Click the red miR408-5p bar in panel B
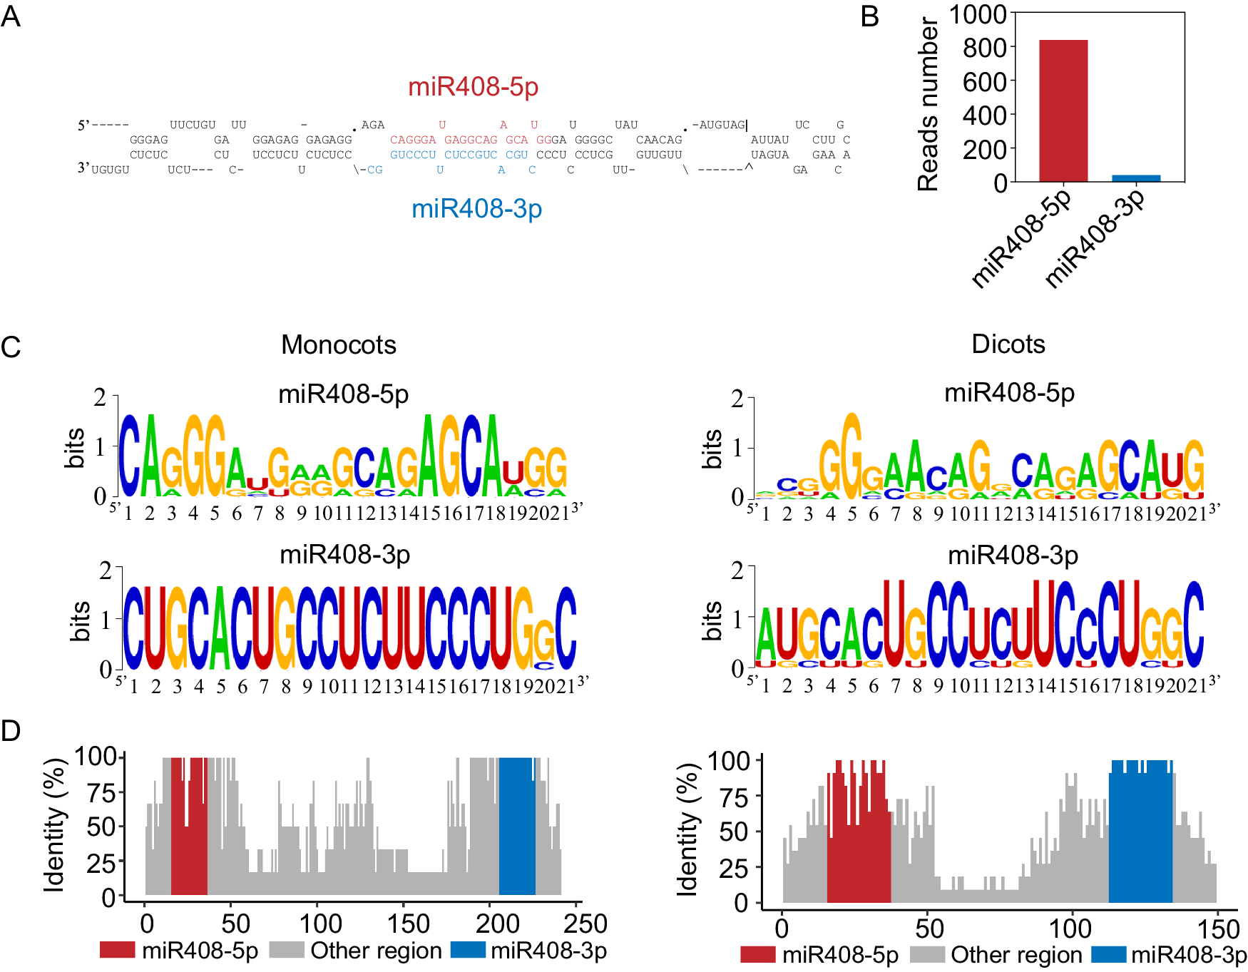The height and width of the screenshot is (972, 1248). click(1063, 111)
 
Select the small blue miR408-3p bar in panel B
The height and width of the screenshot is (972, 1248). click(1136, 178)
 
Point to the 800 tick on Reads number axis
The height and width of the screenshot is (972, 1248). click(984, 48)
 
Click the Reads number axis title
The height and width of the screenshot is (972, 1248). click(927, 105)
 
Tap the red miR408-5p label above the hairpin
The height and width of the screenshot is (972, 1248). click(473, 86)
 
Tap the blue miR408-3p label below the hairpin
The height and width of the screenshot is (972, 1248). click(476, 208)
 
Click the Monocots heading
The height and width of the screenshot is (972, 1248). click(338, 344)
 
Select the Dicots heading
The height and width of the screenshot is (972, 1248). click(1008, 344)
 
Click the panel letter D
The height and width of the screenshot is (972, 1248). click(11, 731)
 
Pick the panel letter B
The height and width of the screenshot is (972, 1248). click(869, 16)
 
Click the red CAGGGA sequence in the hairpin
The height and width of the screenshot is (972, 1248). click(412, 140)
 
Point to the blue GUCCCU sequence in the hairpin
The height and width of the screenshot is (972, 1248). click(412, 155)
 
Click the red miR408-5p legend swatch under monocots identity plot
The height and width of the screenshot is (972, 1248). click(117, 950)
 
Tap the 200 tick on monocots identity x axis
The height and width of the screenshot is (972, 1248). click(497, 924)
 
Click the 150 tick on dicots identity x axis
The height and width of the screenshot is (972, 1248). click(1218, 929)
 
